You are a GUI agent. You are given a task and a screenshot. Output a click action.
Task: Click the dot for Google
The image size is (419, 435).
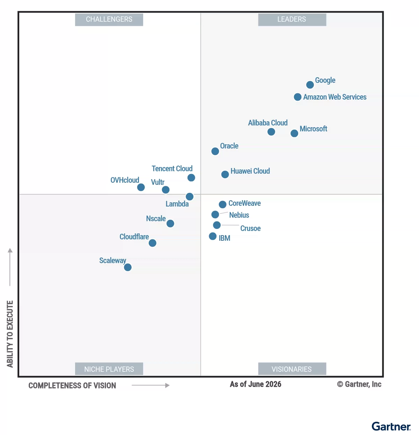[310, 85]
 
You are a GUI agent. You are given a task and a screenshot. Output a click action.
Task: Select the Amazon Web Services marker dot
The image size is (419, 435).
[297, 97]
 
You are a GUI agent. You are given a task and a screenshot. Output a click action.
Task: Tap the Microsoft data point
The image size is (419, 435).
[294, 133]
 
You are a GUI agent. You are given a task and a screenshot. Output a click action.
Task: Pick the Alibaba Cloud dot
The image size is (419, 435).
[271, 132]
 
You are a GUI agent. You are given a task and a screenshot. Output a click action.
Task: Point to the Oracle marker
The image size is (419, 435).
[215, 151]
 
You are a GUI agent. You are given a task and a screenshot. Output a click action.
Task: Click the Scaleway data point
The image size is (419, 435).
[128, 267]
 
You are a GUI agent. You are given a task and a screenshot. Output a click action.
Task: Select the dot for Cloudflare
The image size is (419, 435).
[153, 243]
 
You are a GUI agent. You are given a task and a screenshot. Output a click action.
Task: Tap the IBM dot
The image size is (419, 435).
[213, 236]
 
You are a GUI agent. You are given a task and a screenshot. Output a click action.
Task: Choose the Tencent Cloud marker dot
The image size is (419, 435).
[191, 178]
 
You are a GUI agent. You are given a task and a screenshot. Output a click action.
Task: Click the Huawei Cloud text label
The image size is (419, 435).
[250, 171]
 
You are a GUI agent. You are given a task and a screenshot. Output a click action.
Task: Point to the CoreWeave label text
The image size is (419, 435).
[244, 203]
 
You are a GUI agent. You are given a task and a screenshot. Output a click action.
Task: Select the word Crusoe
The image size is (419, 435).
[250, 228]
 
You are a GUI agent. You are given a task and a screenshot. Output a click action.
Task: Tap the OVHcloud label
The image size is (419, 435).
[125, 180]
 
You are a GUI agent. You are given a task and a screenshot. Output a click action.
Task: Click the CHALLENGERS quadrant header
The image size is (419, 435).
[109, 20]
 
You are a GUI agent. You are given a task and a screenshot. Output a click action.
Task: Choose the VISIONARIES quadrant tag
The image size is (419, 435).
[292, 369]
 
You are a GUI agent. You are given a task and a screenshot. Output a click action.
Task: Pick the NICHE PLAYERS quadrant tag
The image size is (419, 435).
[109, 369]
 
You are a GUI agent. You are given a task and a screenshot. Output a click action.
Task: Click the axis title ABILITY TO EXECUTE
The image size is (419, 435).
[10, 334]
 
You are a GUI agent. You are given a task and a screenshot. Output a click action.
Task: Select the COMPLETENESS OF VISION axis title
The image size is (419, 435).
[72, 385]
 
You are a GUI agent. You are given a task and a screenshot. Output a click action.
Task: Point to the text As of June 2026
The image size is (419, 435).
[256, 384]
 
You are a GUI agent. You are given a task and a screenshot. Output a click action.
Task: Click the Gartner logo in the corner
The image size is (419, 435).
[391, 426]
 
